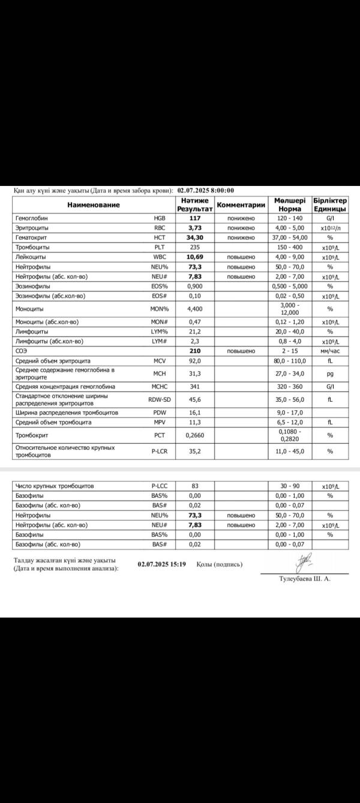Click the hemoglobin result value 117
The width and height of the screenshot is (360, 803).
(x=194, y=218)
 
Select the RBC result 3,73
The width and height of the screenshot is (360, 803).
(x=194, y=228)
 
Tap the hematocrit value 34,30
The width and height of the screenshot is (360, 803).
(x=194, y=237)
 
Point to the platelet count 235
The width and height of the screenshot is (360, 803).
(x=194, y=247)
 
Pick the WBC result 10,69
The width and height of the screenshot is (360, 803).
(x=194, y=257)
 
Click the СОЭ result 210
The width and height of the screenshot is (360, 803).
(x=194, y=351)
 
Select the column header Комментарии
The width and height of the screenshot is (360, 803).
(x=241, y=204)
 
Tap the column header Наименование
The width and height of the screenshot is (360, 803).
(x=93, y=204)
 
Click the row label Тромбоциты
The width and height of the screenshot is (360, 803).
(x=32, y=247)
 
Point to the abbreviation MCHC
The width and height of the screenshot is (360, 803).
(x=160, y=387)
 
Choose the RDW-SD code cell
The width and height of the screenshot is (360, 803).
(x=160, y=399)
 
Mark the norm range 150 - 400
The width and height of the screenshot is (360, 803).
(x=290, y=247)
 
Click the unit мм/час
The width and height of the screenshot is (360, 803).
(x=330, y=351)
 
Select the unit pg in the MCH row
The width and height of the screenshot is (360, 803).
(x=330, y=374)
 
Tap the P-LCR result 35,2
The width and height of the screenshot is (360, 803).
(x=194, y=452)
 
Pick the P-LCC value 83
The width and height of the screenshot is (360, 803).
(x=194, y=486)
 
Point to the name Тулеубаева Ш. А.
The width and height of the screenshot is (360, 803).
(x=305, y=579)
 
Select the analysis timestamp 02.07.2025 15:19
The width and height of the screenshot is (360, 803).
(x=162, y=564)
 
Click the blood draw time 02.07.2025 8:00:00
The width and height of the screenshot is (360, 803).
(x=206, y=191)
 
